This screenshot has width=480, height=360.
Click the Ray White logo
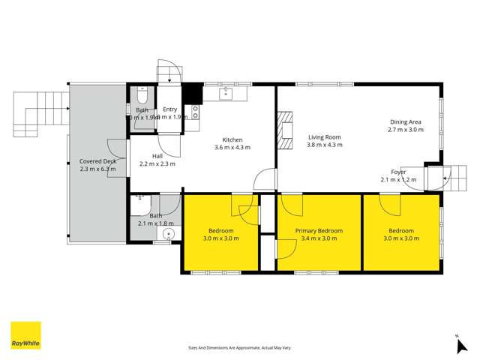tap(25, 335)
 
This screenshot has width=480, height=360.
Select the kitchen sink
tap(225, 94)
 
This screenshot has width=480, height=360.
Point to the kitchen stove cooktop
tap(196, 112)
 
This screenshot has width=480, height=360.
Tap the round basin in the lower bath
tap(169, 234)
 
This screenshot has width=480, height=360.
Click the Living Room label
tap(325, 137)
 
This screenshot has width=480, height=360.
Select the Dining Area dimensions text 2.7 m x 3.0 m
tap(406, 130)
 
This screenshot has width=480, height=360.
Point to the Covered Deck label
tap(98, 161)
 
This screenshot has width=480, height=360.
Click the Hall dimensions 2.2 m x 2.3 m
tap(157, 163)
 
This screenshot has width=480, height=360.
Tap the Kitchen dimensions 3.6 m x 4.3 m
tap(232, 148)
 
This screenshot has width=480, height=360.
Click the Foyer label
tap(398, 172)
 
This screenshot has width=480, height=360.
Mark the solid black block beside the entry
tap(192, 94)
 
